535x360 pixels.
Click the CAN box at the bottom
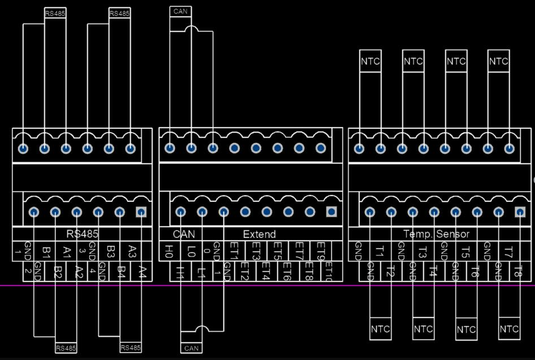192,348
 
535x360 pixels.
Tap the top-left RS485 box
55,14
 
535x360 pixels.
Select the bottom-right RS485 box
131,348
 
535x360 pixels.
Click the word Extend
259,234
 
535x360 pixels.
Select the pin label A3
132,250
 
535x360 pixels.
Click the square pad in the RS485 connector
141,212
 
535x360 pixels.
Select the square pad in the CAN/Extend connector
332,212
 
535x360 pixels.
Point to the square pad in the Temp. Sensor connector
520,212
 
